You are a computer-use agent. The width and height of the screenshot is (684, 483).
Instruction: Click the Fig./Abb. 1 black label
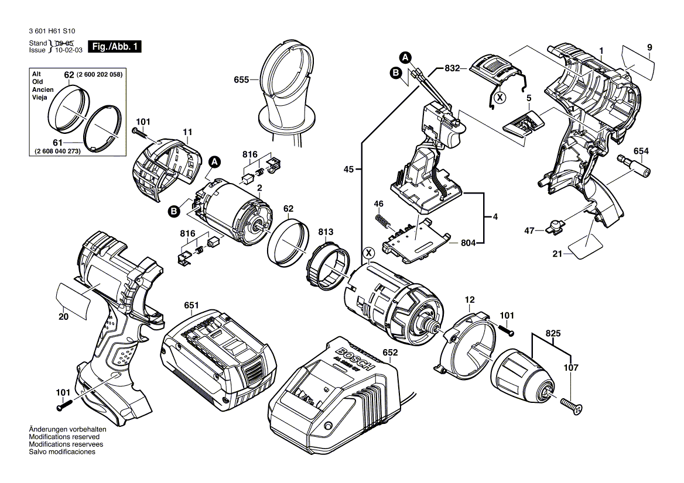point(114,47)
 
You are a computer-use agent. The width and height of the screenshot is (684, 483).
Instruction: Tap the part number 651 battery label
point(191,306)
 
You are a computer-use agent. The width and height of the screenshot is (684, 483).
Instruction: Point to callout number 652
point(390,353)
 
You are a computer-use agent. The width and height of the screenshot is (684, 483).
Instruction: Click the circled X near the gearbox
point(368,253)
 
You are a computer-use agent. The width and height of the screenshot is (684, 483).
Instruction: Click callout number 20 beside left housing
point(64,316)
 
